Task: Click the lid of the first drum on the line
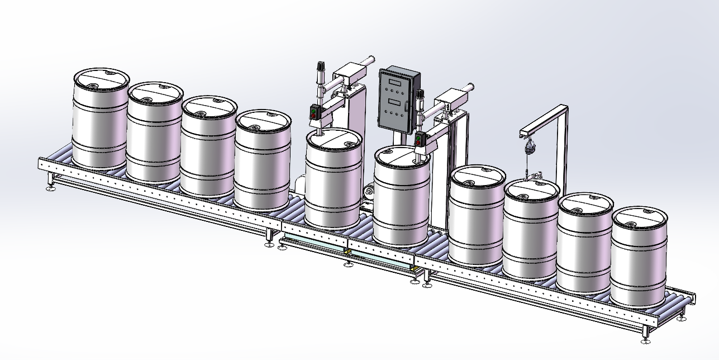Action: (101, 78)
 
